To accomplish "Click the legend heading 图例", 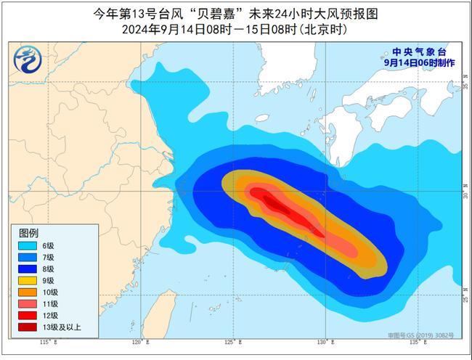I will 28,232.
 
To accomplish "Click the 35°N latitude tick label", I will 465,86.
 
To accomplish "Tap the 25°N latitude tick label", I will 465,298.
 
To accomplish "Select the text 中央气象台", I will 418,52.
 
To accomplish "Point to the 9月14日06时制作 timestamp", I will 420,63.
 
